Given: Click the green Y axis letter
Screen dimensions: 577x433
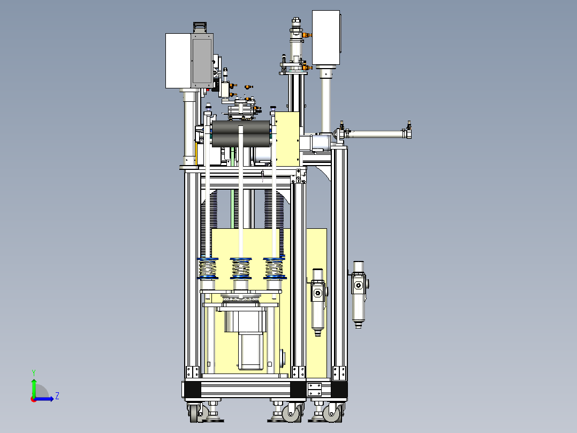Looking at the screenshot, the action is point(34,372).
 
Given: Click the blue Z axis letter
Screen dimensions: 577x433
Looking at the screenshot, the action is point(57,396).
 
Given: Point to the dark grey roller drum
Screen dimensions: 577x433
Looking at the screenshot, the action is point(241,134).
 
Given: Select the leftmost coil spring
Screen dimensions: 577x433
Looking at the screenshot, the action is point(208,268).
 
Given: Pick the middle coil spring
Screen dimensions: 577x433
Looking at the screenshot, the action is point(241,268).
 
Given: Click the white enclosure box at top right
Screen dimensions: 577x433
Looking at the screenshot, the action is point(326,38).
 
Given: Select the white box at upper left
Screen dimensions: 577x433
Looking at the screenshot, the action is point(178,61).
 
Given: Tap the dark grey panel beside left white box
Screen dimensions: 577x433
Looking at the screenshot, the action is point(202,61).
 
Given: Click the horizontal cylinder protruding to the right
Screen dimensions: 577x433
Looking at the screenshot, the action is point(375,134).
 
